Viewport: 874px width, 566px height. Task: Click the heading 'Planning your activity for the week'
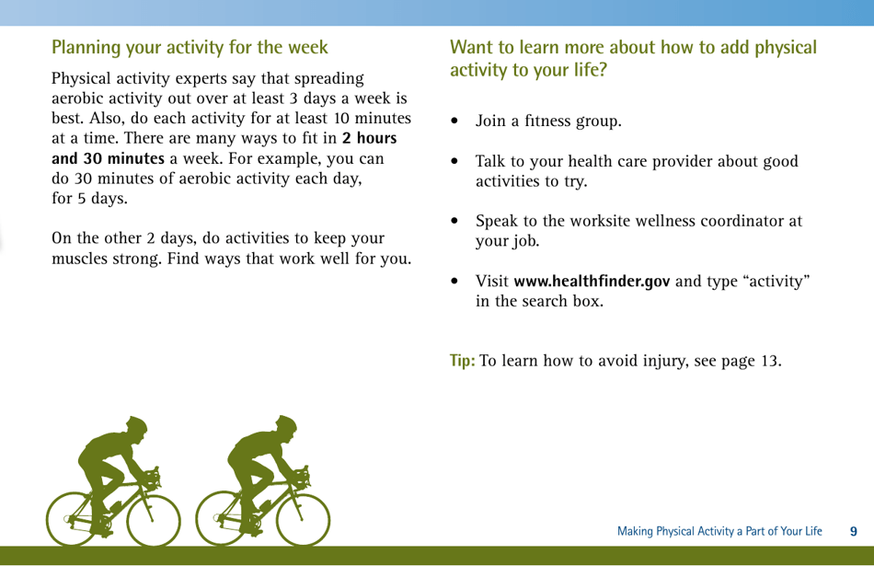coord(190,46)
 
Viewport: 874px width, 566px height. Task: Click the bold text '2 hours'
coord(369,139)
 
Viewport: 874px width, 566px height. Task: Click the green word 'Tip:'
coord(462,359)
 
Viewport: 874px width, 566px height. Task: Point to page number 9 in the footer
coord(853,531)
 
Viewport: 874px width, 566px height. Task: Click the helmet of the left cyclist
coord(135,426)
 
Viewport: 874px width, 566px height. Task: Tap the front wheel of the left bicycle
coord(153,520)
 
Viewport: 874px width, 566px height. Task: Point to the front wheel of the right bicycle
coord(304,520)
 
